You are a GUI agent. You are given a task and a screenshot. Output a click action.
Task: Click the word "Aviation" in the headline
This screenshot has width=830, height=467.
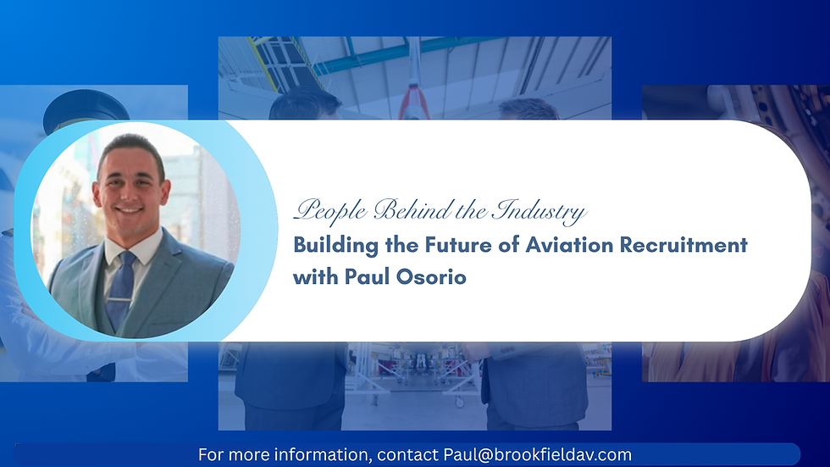569,245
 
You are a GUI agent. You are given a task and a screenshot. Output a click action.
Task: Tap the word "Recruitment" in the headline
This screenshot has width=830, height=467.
683,245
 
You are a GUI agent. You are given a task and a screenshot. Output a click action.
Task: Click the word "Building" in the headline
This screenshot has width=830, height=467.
335,246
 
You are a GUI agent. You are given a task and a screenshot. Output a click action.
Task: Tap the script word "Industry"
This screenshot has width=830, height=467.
539,211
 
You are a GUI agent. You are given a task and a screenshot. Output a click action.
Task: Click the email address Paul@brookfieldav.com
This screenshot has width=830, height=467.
537,455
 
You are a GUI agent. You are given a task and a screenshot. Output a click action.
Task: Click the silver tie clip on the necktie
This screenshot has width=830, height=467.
121,300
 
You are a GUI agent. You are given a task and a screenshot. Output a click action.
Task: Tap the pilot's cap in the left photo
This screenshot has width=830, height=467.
86,108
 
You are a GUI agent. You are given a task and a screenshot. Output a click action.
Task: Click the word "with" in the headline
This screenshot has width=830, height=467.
315,276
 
